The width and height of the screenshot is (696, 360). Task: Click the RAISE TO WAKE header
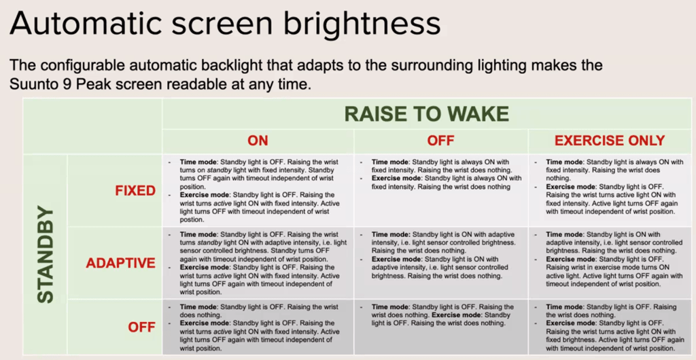(426, 113)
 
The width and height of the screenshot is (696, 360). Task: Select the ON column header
(258, 141)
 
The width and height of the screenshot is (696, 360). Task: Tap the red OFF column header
(440, 141)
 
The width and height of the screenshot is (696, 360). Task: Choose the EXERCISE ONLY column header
(610, 141)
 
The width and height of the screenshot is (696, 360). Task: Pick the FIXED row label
(135, 190)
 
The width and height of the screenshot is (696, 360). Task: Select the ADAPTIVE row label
(120, 263)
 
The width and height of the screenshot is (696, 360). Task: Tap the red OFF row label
(142, 327)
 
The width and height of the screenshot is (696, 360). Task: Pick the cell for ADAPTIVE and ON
(258, 263)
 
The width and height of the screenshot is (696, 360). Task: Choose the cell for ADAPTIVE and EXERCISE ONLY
(610, 263)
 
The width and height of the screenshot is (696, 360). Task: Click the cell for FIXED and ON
(258, 190)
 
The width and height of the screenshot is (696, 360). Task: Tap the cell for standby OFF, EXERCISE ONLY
(610, 327)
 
